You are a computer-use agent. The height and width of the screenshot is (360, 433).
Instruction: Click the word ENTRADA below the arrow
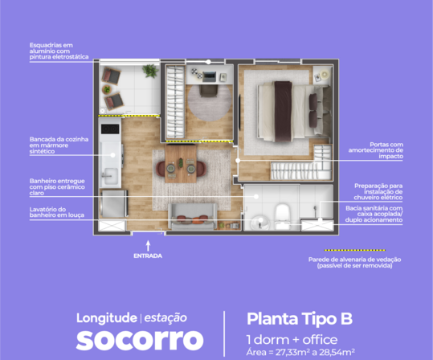[148, 256]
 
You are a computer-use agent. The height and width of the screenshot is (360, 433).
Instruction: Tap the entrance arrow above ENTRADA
[148, 246]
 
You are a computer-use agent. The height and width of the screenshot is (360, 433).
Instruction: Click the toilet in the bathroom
[282, 215]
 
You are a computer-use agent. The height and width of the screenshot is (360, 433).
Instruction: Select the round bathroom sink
[260, 222]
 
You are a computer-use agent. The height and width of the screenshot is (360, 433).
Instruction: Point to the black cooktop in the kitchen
[110, 129]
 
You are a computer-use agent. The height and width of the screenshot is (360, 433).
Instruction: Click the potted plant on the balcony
[150, 71]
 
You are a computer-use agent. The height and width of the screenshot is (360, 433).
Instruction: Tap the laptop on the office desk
[209, 77]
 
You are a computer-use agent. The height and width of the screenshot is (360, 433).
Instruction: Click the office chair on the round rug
[209, 91]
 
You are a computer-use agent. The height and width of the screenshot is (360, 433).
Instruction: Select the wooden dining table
[181, 164]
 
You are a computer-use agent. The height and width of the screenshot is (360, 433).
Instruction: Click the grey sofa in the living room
[193, 217]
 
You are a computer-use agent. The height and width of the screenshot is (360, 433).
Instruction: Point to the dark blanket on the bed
[283, 112]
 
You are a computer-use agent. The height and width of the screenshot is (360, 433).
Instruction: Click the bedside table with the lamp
[322, 76]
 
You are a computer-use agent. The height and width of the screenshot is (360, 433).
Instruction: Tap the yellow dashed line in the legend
[354, 250]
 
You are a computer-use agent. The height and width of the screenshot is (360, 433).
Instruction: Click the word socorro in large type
[140, 340]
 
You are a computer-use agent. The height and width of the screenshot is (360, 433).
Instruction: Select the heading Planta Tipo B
[300, 318]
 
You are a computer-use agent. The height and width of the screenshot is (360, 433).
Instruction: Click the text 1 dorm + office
[292, 340]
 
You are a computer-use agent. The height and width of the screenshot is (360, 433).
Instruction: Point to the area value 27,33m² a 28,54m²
[315, 353]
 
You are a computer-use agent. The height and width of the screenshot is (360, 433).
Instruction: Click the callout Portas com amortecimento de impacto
[376, 150]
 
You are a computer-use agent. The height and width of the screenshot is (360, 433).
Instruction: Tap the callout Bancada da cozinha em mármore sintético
[59, 145]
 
